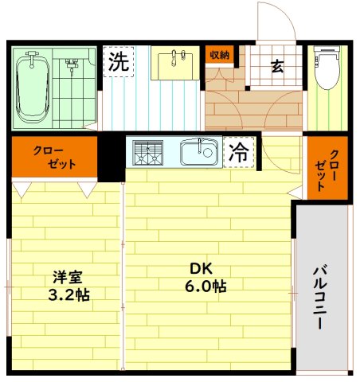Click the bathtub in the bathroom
coord(33,87)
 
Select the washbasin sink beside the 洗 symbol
coord(175,64)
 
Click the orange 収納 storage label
coord(220,55)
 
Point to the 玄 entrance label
coord(277,67)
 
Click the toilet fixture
coord(327,76)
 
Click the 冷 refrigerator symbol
coord(238,152)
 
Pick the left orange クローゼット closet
coord(53,158)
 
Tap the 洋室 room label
coord(68,276)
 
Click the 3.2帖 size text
coord(68,294)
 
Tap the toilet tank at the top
coord(327,57)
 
